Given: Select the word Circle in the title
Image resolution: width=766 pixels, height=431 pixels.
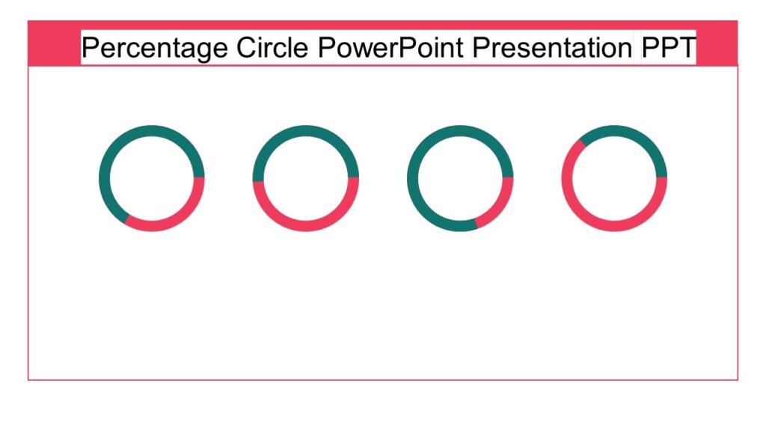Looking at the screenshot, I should point(272,48).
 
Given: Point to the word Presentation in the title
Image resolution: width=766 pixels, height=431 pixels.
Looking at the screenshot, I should point(552,48).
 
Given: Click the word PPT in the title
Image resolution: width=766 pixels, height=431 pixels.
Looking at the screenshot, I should point(668,48).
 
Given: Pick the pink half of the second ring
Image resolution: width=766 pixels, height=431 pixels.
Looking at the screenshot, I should point(306,226).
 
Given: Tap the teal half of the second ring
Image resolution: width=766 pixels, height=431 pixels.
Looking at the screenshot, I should point(306,131).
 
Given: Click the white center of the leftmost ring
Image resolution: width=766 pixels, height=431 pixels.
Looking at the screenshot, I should point(152,178).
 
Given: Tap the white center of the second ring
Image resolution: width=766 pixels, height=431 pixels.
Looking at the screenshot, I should point(306,178).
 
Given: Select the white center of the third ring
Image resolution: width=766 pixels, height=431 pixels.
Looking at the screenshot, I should point(460,178).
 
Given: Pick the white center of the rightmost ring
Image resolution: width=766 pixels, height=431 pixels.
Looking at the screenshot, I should point(614,178).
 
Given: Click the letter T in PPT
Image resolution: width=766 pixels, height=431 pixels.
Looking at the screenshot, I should point(687,48).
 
